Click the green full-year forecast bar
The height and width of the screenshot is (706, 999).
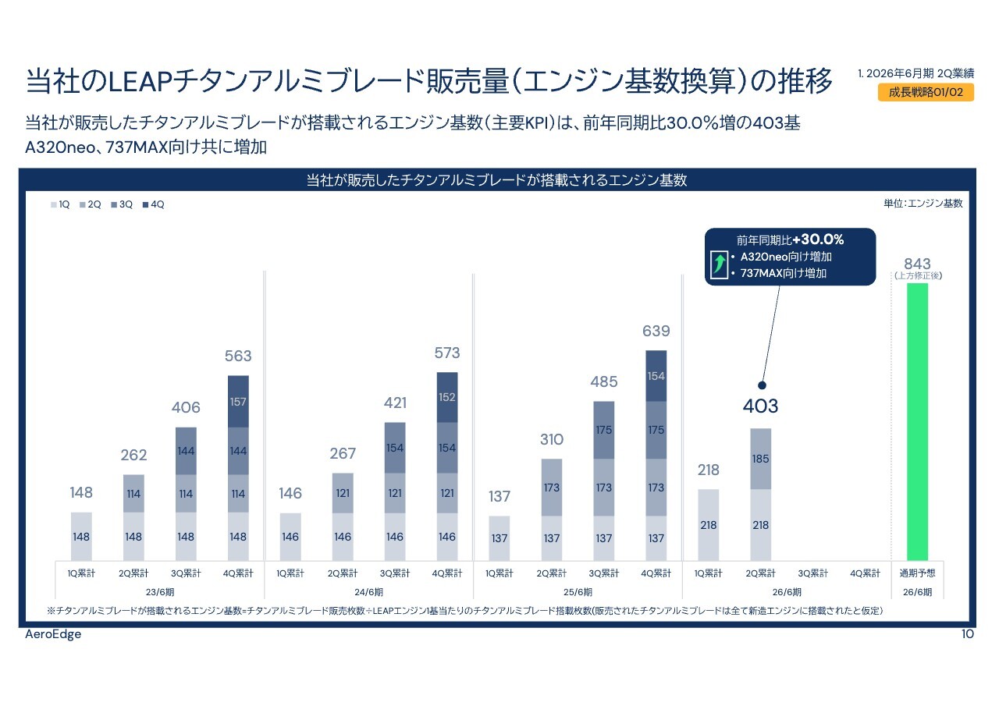[x=917, y=421]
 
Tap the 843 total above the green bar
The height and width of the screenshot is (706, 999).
[x=917, y=264]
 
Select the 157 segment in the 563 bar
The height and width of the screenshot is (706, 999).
[x=238, y=401]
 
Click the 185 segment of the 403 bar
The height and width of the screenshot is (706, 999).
[x=761, y=459]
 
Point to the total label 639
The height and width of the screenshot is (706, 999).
[x=656, y=332]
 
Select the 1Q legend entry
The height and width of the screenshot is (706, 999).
[x=61, y=204]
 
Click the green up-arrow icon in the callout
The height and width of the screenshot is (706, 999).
[x=718, y=264]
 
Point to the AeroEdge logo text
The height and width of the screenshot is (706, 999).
[x=53, y=634]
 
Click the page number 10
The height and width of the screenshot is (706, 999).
[x=967, y=634]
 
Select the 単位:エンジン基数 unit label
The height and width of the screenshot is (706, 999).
[x=923, y=204]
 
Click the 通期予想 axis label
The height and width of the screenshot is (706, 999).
[x=917, y=573]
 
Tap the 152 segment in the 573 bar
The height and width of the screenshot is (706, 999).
[x=447, y=397]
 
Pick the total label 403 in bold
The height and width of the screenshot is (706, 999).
[x=761, y=406]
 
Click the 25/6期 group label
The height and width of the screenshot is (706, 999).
[x=578, y=592]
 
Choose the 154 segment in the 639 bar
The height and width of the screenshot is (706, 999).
[x=656, y=376]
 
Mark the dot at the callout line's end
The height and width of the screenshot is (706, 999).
[x=762, y=385]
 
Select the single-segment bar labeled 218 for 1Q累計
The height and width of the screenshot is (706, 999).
[x=709, y=524]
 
